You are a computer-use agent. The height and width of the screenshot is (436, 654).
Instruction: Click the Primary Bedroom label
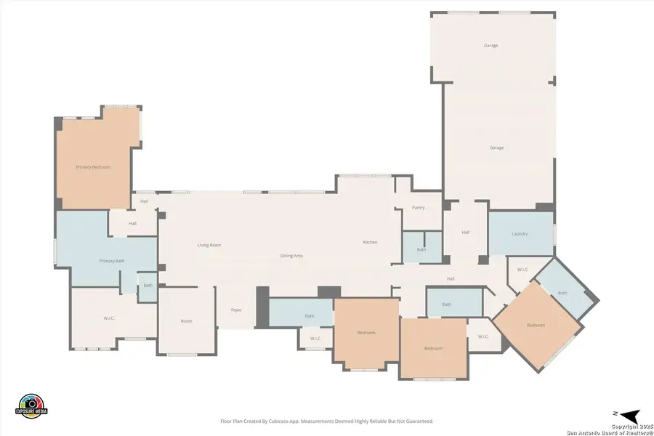[93, 167]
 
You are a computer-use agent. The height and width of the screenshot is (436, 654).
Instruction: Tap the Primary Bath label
[112, 261]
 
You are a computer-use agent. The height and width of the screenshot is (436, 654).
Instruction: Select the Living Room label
[209, 246]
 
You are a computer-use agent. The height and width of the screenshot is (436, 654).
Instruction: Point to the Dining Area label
[292, 257]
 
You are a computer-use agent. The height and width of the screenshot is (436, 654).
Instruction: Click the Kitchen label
[371, 242]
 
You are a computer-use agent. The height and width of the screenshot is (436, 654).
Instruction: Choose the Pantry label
[418, 208]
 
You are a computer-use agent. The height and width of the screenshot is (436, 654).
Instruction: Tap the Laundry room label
[519, 234]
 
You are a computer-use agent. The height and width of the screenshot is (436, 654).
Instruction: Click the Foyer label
[236, 310]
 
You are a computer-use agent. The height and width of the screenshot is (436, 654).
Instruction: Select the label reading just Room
[187, 321]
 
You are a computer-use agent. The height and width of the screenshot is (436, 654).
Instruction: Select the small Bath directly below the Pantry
[421, 250]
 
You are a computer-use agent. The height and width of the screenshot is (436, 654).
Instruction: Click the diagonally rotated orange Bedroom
[536, 325]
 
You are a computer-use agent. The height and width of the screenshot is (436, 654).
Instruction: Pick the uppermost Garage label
[491, 46]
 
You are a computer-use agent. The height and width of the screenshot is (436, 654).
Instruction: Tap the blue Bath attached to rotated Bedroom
[562, 293]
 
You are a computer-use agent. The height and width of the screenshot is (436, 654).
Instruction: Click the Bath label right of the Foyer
[310, 316]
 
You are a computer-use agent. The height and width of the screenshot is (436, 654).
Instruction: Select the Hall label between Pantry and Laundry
[466, 233]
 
